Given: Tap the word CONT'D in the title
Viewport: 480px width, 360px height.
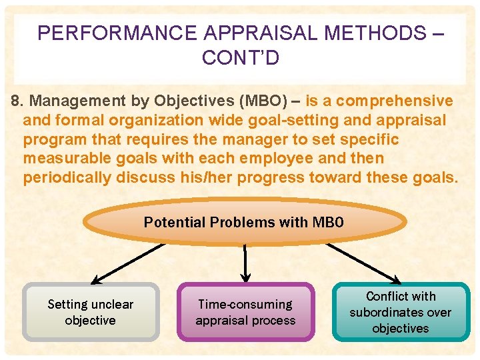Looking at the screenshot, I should (x=240, y=58).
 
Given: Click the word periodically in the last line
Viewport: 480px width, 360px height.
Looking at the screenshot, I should (x=67, y=179).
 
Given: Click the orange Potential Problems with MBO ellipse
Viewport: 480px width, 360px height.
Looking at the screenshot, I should (x=245, y=223).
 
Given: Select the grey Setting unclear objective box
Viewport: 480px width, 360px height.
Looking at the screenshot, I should (x=91, y=312).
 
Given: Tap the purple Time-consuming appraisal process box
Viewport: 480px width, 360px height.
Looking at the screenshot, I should (x=245, y=312).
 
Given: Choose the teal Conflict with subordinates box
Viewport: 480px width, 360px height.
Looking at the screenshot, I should (x=401, y=312).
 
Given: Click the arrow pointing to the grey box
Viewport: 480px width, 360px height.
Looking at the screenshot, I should (x=127, y=264).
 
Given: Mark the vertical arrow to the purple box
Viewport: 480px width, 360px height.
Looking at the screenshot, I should (x=245, y=263).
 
